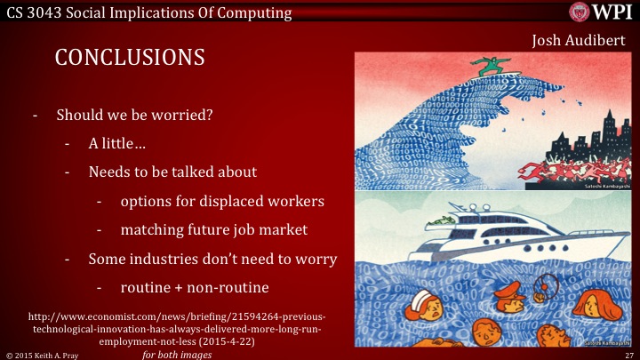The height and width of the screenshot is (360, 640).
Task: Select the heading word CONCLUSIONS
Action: (130, 57)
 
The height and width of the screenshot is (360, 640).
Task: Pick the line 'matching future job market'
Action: (213, 229)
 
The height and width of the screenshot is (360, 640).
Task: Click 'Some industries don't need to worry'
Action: (212, 259)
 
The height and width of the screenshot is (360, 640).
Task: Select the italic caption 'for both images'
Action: (177, 354)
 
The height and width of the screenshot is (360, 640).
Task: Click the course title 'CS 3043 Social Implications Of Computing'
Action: (148, 12)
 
